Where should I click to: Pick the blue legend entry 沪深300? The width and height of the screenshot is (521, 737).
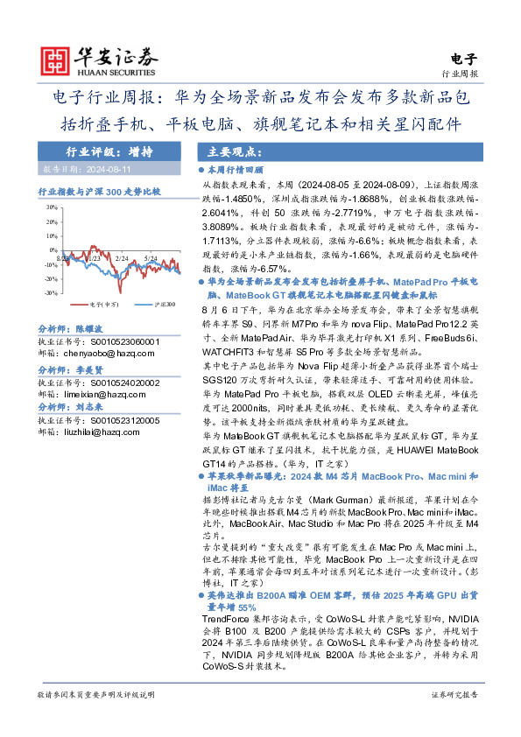click(158, 305)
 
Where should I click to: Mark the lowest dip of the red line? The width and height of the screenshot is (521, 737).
click(121, 285)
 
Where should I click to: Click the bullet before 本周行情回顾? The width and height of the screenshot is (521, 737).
click(201, 170)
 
